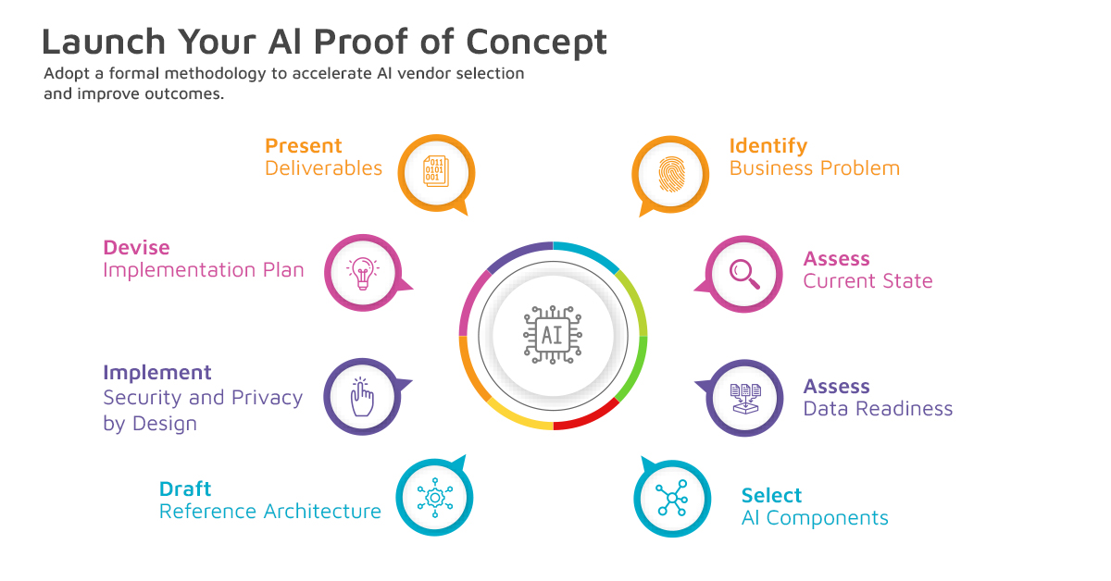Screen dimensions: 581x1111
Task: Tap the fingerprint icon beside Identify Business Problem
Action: pos(670,174)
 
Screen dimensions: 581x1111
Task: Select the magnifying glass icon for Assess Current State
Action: pos(743,273)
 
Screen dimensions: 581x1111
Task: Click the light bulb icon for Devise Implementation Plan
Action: pos(362,272)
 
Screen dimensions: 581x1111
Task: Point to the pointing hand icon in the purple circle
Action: pos(362,397)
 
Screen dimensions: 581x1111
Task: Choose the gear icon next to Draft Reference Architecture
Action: pos(434,498)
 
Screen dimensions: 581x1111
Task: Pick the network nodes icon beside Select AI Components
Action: pos(671,499)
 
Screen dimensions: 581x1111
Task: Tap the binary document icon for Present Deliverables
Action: pos(435,173)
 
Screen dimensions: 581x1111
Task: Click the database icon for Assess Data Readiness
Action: pos(744,398)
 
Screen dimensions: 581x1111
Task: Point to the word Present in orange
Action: pos(303,146)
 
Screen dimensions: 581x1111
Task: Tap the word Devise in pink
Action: pos(136,248)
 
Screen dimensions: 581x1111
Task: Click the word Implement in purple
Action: pos(157,373)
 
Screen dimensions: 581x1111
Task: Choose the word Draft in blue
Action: pos(185,488)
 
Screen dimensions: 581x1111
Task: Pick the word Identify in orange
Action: pos(768,146)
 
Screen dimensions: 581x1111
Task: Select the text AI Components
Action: pos(815,518)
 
